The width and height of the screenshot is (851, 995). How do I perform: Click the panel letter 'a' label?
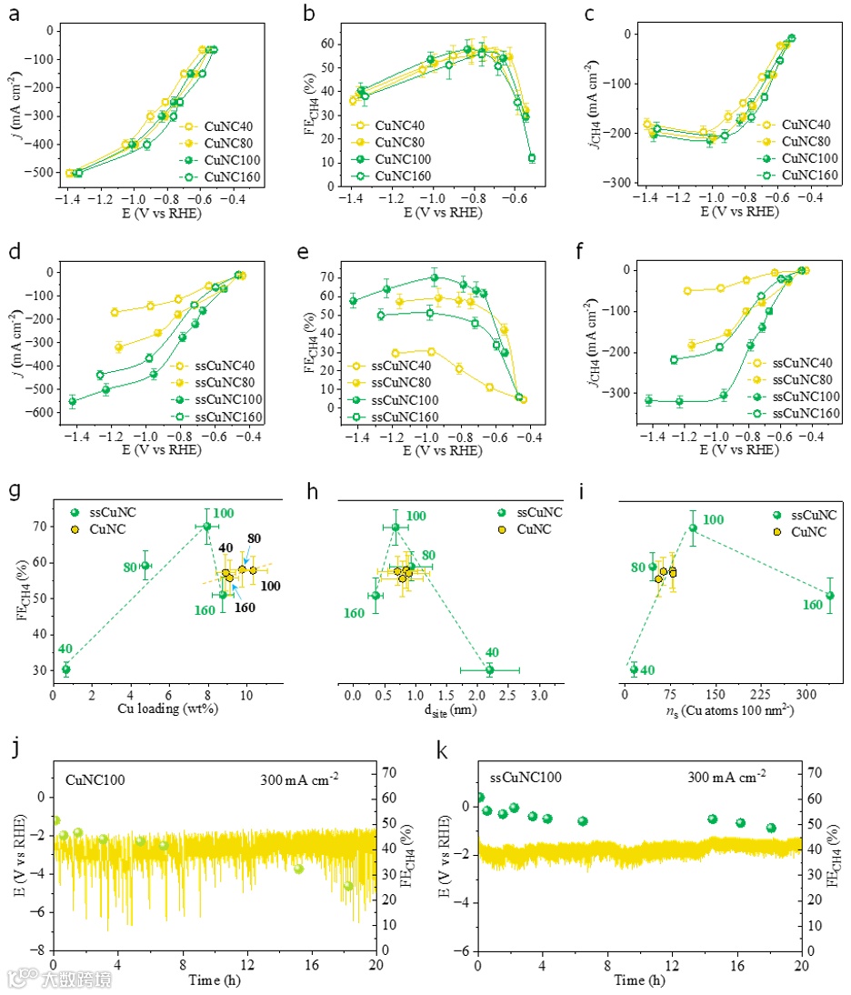click(14, 15)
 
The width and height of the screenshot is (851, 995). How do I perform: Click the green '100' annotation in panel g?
click(224, 514)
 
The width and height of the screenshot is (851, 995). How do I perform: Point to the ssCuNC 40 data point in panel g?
click(65, 669)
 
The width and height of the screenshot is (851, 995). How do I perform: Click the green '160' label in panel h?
click(354, 613)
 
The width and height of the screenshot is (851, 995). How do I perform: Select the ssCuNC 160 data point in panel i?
click(829, 596)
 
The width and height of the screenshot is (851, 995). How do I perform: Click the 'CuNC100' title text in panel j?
click(95, 779)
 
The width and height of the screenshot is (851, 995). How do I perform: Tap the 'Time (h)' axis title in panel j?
click(215, 980)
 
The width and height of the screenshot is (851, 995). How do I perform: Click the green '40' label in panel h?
click(491, 652)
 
